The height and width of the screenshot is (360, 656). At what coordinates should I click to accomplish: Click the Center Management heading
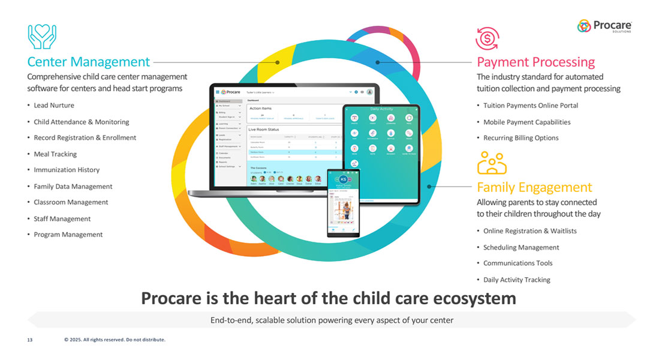(88, 62)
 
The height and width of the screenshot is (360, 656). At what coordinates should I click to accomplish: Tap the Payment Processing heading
(535, 62)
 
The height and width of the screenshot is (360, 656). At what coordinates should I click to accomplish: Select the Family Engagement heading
(534, 187)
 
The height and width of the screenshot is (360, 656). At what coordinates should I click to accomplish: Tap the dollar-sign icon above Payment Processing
(487, 38)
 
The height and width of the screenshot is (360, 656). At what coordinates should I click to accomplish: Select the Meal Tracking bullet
(55, 154)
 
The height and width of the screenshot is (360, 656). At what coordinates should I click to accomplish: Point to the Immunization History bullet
(67, 170)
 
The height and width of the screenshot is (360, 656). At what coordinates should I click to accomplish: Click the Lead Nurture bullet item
(54, 105)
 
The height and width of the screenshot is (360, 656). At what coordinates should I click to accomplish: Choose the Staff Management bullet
(62, 219)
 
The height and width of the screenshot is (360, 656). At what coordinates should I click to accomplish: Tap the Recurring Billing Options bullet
(520, 138)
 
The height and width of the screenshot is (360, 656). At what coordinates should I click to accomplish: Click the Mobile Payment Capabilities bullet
(526, 122)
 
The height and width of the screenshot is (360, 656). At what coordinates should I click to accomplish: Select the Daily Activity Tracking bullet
(516, 280)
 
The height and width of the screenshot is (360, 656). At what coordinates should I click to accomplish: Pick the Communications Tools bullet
(517, 263)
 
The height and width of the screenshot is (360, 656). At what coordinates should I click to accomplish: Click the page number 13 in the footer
(29, 340)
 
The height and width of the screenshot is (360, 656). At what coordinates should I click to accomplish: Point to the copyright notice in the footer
(115, 340)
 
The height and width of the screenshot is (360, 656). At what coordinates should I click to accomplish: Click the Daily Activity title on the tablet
(381, 109)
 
